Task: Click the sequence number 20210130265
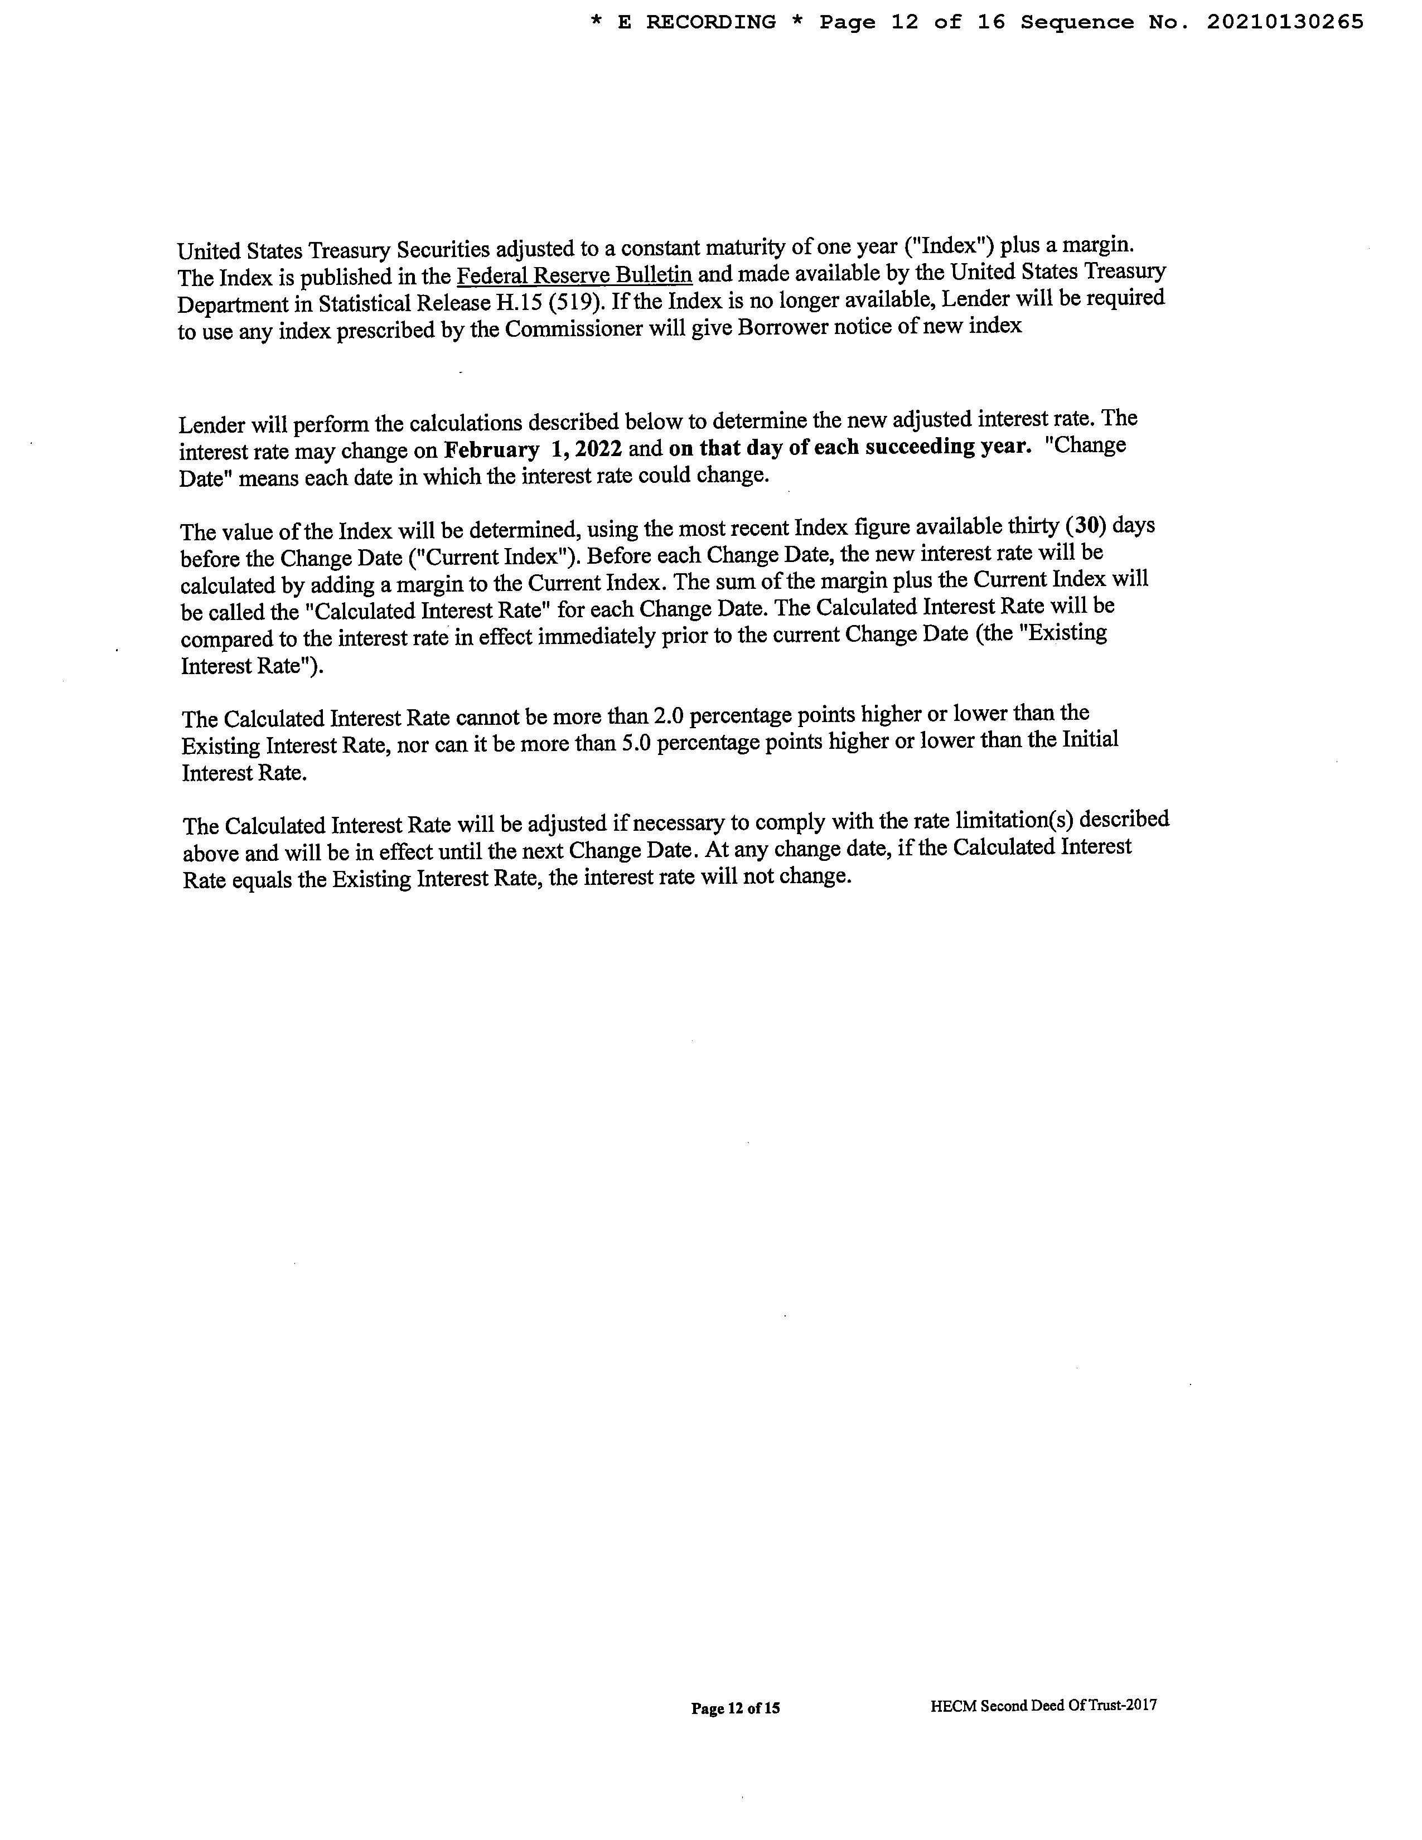(1285, 22)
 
